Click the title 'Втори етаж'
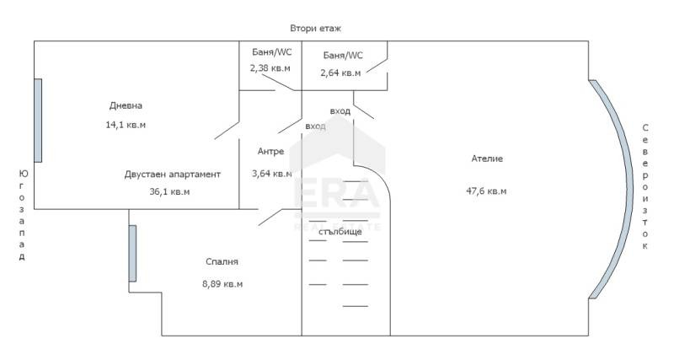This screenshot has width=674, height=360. pyautogui.click(x=315, y=29)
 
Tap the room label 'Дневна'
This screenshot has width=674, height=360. pyautogui.click(x=126, y=105)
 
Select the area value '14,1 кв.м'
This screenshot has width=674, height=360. pyautogui.click(x=126, y=125)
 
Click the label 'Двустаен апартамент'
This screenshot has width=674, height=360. pyautogui.click(x=173, y=175)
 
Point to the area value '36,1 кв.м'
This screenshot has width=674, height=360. pyautogui.click(x=169, y=191)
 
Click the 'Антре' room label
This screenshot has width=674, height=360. pyautogui.click(x=270, y=152)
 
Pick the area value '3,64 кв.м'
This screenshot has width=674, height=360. pyautogui.click(x=271, y=174)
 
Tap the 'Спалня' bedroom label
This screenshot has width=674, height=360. pyautogui.click(x=222, y=261)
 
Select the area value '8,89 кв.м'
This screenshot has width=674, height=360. pyautogui.click(x=222, y=284)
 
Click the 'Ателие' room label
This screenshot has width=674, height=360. pyautogui.click(x=487, y=159)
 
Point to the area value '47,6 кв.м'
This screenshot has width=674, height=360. pyautogui.click(x=486, y=191)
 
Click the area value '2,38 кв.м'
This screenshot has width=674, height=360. pyautogui.click(x=270, y=68)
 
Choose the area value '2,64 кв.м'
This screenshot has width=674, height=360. pyautogui.click(x=340, y=73)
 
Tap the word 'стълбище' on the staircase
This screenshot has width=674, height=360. pyautogui.click(x=340, y=232)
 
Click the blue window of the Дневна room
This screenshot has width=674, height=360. pyautogui.click(x=38, y=121)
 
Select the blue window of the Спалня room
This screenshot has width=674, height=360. pyautogui.click(x=132, y=253)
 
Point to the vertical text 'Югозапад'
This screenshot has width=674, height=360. pyautogui.click(x=22, y=215)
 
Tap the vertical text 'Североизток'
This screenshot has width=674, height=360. pyautogui.click(x=645, y=186)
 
